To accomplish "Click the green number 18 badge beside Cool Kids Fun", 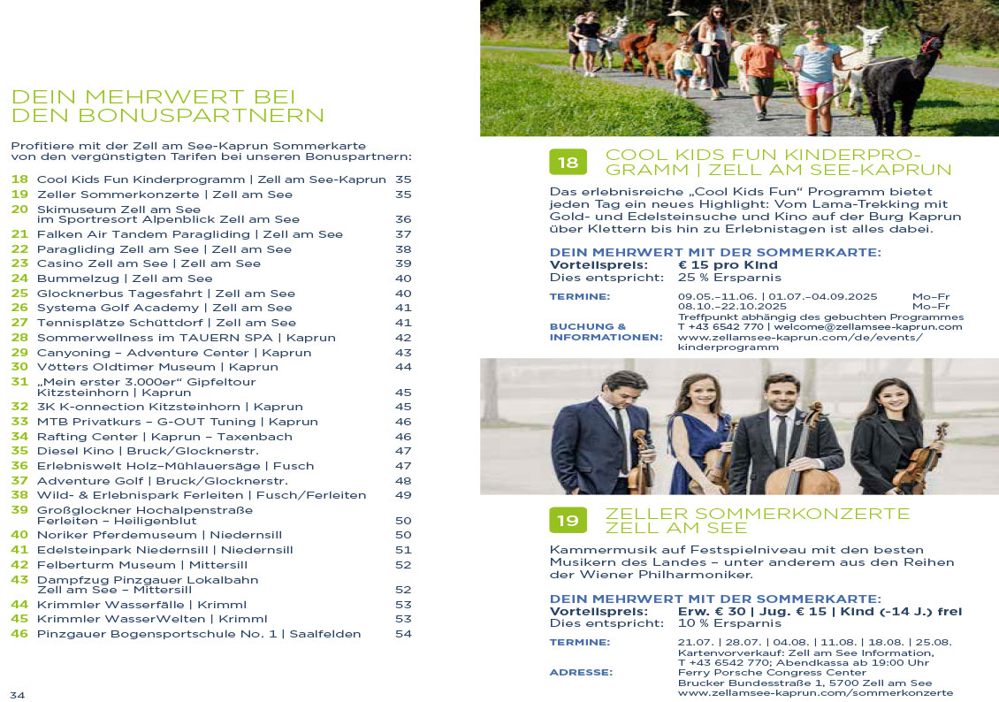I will [x=568, y=162].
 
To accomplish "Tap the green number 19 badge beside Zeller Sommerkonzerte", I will [x=568, y=521].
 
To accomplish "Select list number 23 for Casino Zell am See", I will [x=19, y=263].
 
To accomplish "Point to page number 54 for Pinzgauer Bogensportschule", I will [x=403, y=634].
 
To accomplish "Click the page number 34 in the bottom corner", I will [x=18, y=693].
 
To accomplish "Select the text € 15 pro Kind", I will [x=728, y=264].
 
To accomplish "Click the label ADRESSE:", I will [x=581, y=673].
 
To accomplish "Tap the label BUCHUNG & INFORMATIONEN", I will [x=606, y=332].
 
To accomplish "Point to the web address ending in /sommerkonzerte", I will [x=815, y=693].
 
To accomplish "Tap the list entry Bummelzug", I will [x=125, y=279].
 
